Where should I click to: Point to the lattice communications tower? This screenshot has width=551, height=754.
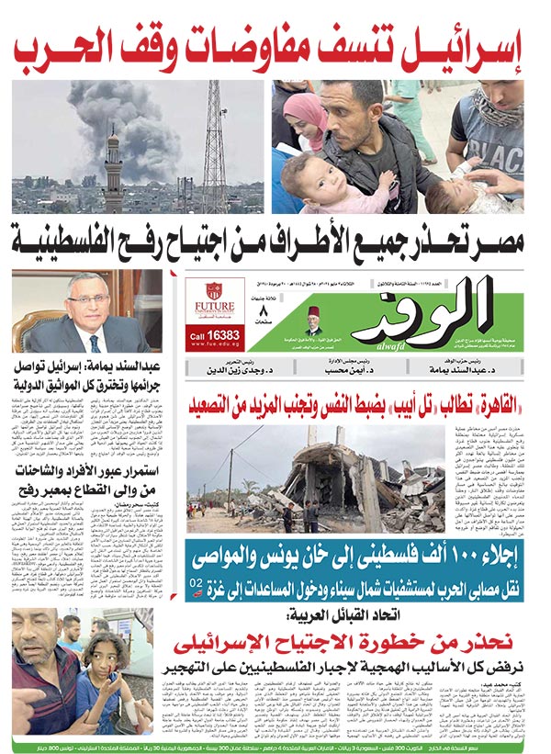click(x=214, y=138)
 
